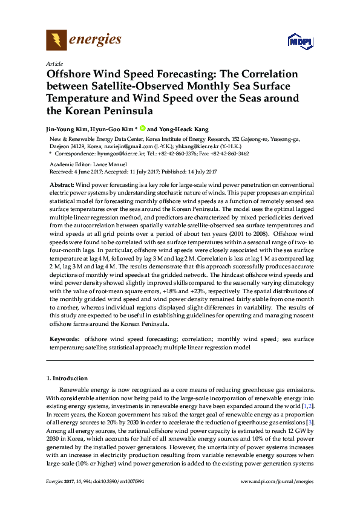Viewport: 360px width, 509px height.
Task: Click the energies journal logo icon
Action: click(x=56, y=40)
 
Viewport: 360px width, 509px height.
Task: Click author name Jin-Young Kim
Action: click(x=65, y=129)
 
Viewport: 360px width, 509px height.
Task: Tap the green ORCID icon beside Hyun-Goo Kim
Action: click(x=143, y=129)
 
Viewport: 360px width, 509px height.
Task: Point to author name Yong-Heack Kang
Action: click(x=184, y=129)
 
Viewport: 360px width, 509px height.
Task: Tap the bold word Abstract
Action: click(x=62, y=183)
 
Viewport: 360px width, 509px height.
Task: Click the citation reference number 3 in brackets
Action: click(x=310, y=422)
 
